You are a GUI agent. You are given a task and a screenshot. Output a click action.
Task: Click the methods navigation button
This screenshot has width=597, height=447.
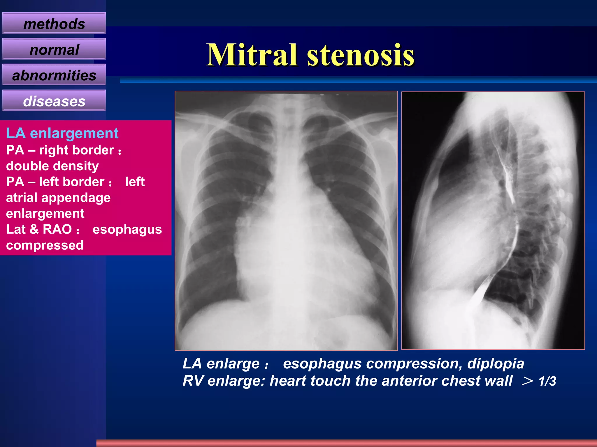pyautogui.click(x=54, y=24)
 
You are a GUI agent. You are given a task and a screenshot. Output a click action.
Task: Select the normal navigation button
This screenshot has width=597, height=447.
pyautogui.click(x=54, y=49)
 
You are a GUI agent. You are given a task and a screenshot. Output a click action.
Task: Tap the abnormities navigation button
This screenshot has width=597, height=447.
pyautogui.click(x=54, y=75)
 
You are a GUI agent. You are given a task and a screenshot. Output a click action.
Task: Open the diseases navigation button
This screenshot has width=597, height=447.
pyautogui.click(x=54, y=101)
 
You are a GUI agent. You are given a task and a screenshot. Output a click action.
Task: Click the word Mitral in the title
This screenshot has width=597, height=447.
pyautogui.click(x=252, y=55)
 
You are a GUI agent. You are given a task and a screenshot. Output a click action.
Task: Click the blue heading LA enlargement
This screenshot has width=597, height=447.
pyautogui.click(x=62, y=133)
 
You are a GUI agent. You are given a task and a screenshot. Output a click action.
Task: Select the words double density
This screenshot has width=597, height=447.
pyautogui.click(x=52, y=166)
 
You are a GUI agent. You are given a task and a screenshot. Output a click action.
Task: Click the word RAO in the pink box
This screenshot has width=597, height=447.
pyautogui.click(x=57, y=229)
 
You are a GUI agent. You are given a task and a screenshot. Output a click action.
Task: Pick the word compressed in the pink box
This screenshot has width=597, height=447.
pyautogui.click(x=45, y=245)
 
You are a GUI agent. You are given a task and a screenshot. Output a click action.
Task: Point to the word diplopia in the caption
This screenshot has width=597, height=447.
pyautogui.click(x=496, y=363)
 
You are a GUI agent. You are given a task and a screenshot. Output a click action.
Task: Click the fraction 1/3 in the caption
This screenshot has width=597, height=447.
pyautogui.click(x=547, y=381)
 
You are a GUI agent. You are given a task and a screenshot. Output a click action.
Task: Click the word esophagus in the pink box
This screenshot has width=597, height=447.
pyautogui.click(x=127, y=229)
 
